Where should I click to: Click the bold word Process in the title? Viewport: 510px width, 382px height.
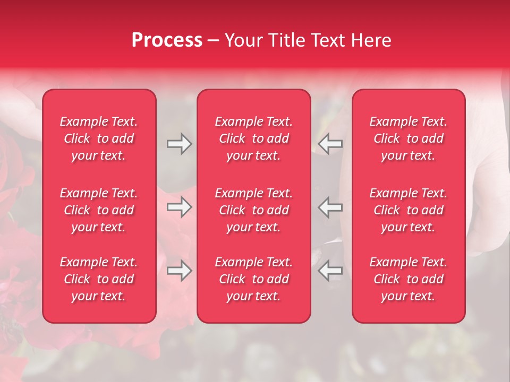(167, 40)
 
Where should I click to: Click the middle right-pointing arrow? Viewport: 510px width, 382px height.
(179, 207)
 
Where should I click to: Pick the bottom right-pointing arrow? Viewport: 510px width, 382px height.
(179, 271)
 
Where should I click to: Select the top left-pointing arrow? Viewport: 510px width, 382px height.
(330, 144)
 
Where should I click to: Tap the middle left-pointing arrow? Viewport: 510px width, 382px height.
(330, 207)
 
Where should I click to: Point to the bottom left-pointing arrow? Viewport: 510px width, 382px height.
(330, 271)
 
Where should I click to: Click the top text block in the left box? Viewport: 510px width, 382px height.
(99, 138)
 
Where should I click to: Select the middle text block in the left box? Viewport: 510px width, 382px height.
(99, 210)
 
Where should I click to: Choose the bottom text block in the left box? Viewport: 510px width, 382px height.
(99, 279)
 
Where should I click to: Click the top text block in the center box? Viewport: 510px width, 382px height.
(253, 138)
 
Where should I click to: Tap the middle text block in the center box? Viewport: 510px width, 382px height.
(253, 210)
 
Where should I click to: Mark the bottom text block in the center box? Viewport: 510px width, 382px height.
(253, 279)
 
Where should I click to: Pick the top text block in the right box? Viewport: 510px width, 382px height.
(408, 138)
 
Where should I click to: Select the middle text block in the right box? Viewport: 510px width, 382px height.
(408, 210)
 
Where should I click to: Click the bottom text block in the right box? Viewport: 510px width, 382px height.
(408, 279)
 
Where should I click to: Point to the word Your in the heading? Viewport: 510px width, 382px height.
(243, 40)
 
